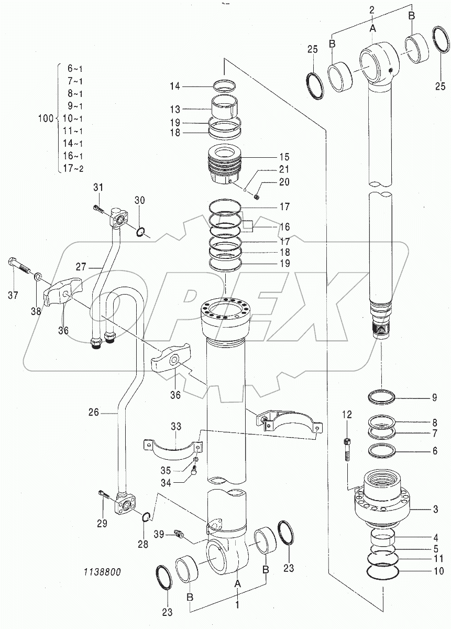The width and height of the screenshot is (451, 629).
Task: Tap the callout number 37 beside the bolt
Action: point(13,295)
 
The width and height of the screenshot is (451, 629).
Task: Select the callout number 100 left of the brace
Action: point(46,118)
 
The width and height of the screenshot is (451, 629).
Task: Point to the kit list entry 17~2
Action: point(73,168)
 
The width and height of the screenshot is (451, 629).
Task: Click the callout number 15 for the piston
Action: point(284,157)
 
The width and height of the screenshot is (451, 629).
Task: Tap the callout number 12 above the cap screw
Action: point(347,415)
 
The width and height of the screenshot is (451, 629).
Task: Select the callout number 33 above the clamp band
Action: point(176,427)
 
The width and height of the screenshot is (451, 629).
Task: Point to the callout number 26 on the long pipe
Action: point(94,412)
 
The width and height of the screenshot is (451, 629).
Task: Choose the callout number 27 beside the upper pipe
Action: point(81,266)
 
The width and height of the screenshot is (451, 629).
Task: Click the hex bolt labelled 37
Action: point(19,266)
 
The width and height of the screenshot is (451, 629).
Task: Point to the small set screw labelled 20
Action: point(256,197)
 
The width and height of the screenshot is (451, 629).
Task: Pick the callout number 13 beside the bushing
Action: point(175,109)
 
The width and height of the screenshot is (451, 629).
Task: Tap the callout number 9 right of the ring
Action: point(434,397)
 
